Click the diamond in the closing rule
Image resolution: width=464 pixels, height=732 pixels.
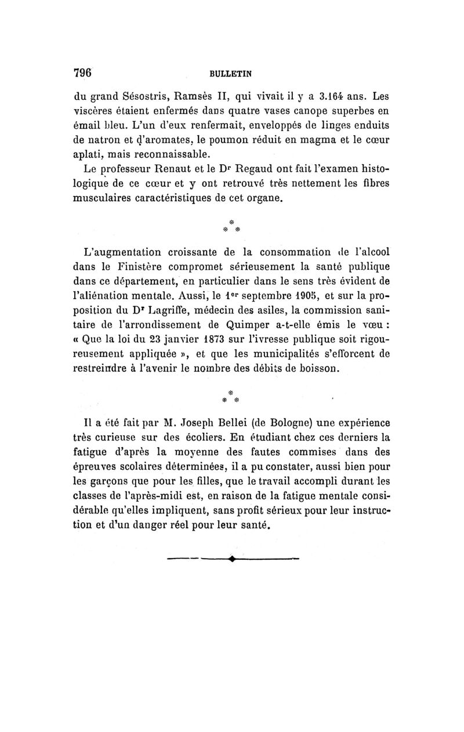pyautogui.click(x=231, y=560)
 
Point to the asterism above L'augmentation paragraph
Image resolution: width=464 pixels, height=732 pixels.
pyautogui.click(x=231, y=224)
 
